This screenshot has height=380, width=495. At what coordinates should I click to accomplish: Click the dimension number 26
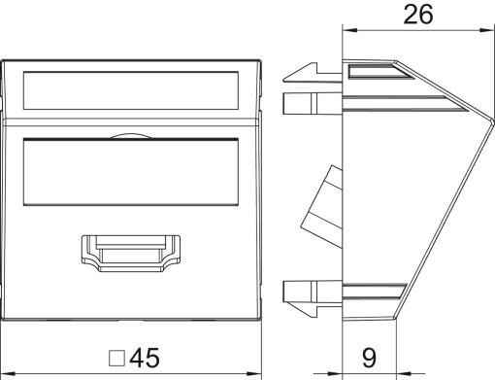coord(418,15)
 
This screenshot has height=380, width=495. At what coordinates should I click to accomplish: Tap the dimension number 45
coord(145,358)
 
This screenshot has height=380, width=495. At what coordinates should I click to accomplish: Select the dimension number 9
coord(369,358)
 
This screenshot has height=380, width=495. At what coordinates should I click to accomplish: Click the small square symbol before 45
coord(116,359)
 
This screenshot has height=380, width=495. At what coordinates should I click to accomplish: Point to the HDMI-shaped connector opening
coord(130,254)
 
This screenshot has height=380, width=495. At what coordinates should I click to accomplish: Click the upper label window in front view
coord(131,90)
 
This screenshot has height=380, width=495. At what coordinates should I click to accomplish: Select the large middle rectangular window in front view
coord(131,172)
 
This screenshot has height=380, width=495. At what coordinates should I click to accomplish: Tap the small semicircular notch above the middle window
coord(131,136)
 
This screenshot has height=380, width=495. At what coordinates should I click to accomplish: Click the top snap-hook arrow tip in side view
coord(283,78)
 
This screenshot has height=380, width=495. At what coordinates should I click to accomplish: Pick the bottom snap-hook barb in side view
coord(301,309)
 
